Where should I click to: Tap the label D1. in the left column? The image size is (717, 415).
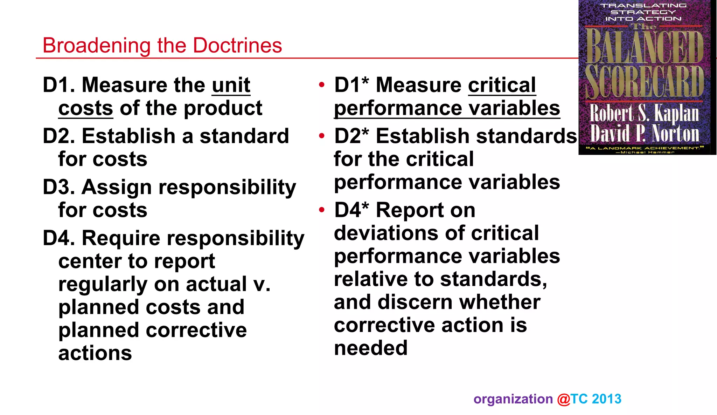click(58, 85)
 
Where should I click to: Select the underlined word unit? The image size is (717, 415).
click(231, 85)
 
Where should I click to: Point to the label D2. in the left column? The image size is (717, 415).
click(58, 136)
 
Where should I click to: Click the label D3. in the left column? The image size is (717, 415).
click(58, 187)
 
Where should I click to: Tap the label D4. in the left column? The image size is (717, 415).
click(58, 238)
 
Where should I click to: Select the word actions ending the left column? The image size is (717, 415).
click(95, 353)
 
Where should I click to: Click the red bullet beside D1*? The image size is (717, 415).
click(322, 85)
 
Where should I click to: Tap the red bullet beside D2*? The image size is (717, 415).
click(322, 136)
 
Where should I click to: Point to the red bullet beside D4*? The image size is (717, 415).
click(322, 210)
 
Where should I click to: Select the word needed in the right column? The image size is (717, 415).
click(371, 348)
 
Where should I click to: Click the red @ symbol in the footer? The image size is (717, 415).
click(564, 399)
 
